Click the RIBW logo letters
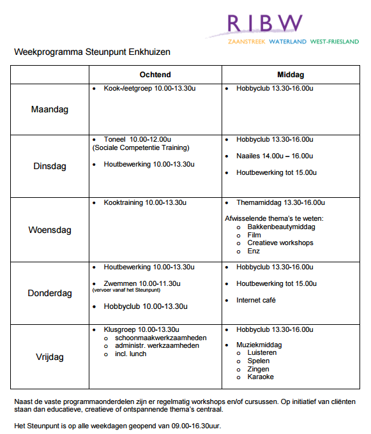point(265,23)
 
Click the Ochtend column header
point(155,75)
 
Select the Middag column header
point(291,75)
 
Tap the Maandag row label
point(49,109)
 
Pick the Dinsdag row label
point(49,167)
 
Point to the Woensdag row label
point(49,230)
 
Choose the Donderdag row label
point(49,294)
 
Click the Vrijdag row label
point(49,357)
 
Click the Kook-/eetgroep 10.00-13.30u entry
point(149,88)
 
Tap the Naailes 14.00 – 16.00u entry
point(274,156)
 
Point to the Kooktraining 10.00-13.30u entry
point(145,203)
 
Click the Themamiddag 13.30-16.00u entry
point(280,203)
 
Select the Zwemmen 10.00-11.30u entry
point(142,283)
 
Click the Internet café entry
point(256,300)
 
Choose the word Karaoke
point(261,377)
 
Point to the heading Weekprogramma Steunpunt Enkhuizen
point(93,52)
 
